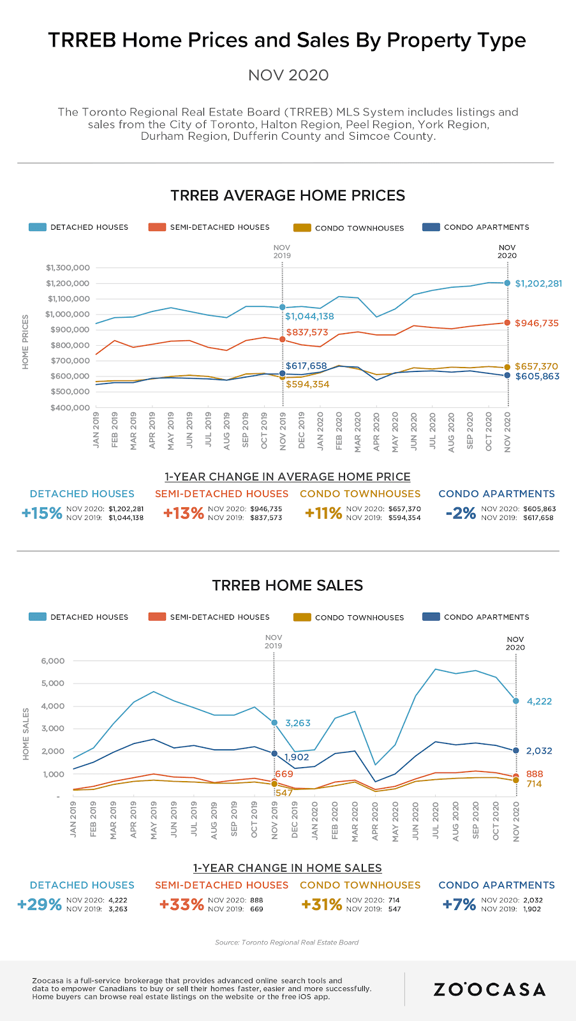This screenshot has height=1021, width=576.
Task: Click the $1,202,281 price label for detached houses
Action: coord(538,283)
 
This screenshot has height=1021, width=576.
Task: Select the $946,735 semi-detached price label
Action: coord(536,324)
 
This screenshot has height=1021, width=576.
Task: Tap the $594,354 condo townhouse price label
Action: coord(307,384)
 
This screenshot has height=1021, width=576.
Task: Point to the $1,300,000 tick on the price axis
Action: coord(68,267)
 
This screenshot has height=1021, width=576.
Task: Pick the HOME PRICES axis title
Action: coord(26,341)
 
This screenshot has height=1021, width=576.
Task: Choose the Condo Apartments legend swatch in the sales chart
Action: coord(431,617)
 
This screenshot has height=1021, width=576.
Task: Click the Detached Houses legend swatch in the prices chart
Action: coord(38,227)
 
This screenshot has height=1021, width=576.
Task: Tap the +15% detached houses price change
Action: coord(41,513)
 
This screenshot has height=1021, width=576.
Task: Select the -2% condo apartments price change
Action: coord(461,513)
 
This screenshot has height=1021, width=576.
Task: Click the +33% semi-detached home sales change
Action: coord(182,904)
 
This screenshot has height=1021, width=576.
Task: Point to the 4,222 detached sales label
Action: coord(539,701)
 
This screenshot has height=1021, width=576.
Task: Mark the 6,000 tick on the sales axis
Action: coord(53,660)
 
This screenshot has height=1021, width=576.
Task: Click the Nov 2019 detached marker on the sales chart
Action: coord(274,723)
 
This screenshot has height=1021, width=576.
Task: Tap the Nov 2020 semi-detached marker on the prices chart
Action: coord(508,323)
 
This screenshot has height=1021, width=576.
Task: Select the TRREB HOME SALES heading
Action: coord(288,585)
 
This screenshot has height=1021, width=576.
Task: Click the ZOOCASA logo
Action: coord(489,990)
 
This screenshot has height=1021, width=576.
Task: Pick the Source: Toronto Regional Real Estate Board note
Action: coord(287,942)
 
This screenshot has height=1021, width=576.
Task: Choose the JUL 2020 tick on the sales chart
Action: coord(436,823)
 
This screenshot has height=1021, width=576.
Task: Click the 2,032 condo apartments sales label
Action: coord(539,751)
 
